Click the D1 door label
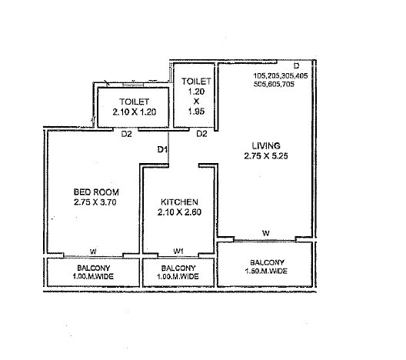point(163,149)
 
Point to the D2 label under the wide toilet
point(127,134)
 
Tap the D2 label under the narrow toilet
point(201,134)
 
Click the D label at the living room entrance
point(297,65)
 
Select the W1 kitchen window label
point(178,251)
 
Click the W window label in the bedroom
point(93,251)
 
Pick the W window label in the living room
point(265,232)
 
